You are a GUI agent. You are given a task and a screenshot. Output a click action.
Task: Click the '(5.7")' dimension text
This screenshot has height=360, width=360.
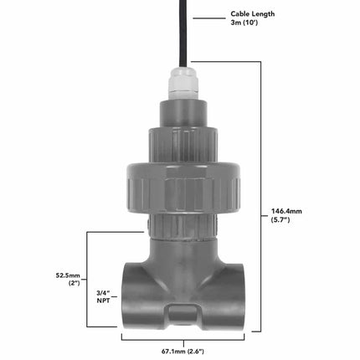[282, 221]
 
